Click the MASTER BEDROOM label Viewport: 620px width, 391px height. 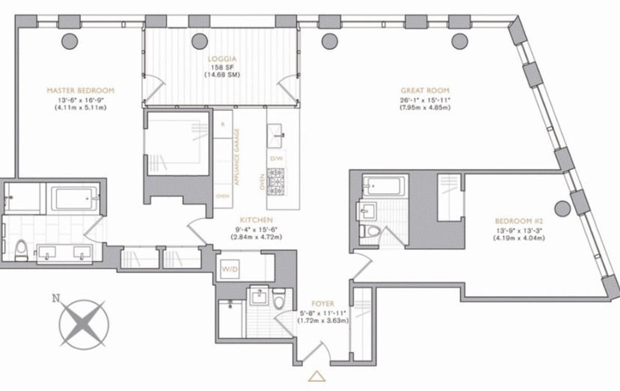(80, 91)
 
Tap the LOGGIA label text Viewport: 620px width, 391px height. (222, 59)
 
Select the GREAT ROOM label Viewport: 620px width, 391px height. (425, 91)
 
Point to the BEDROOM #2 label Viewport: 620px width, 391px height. (519, 221)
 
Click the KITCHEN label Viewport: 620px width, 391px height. (257, 220)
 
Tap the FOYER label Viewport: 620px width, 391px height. (322, 304)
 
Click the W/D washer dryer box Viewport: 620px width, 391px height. (230, 269)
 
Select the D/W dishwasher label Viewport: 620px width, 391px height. (277, 159)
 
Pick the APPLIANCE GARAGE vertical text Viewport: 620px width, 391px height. (237, 157)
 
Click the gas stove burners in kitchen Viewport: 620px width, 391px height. (276, 182)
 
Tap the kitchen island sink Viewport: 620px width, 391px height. (275, 136)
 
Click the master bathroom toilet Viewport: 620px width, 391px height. (22, 251)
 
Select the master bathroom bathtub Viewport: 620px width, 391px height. (73, 198)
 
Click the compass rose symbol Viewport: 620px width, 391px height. (84, 324)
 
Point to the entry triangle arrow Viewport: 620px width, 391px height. (317, 376)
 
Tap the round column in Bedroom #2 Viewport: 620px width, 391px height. (562, 208)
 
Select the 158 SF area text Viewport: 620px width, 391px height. (222, 67)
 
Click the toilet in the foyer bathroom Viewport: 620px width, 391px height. (279, 299)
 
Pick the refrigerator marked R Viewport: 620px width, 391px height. (223, 124)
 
